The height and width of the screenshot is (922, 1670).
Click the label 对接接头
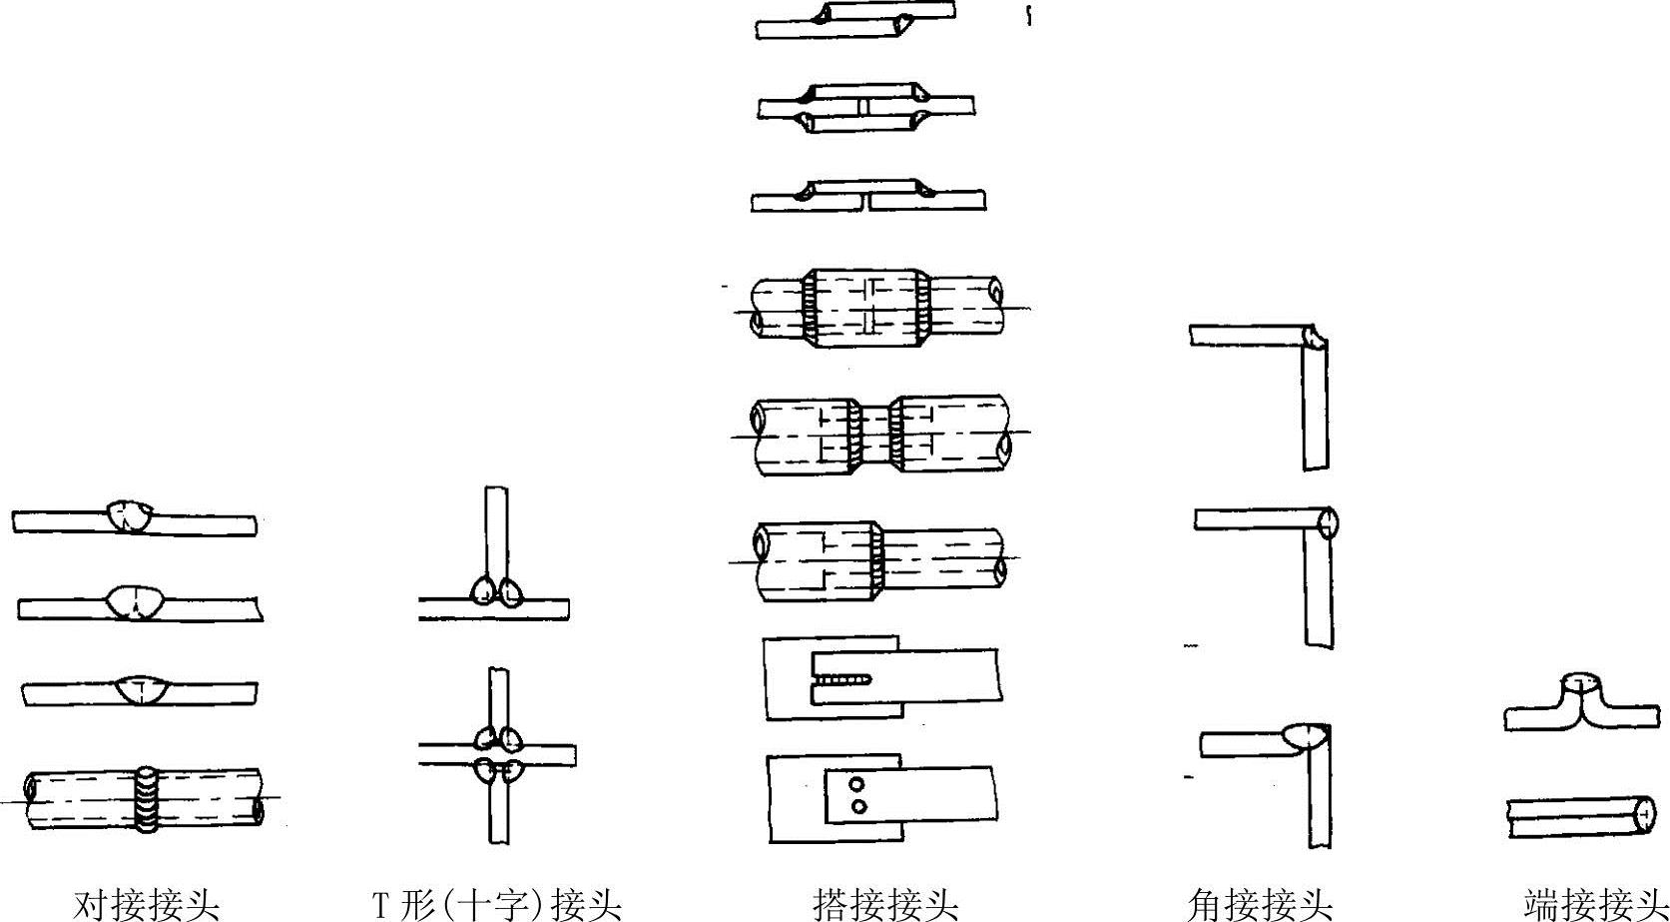pyautogui.click(x=146, y=904)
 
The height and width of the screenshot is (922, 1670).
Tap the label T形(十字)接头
pyautogui.click(x=497, y=904)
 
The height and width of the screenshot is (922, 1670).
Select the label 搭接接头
pyautogui.click(x=884, y=904)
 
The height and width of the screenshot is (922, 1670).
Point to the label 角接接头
pyautogui.click(x=1260, y=904)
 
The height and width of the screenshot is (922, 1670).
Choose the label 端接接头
pyautogui.click(x=1595, y=904)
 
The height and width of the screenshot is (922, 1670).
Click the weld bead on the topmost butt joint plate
pyautogui.click(x=130, y=516)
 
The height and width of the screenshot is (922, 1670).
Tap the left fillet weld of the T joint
pyautogui.click(x=481, y=590)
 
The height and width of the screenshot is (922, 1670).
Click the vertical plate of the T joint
pyautogui.click(x=496, y=529)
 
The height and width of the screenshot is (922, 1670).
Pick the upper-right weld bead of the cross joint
pyautogui.click(x=510, y=739)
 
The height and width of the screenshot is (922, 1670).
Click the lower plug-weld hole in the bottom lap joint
pyautogui.click(x=856, y=805)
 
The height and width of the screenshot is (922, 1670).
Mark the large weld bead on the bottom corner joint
pyautogui.click(x=1305, y=737)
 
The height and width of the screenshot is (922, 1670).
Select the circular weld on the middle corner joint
pyautogui.click(x=1328, y=523)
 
